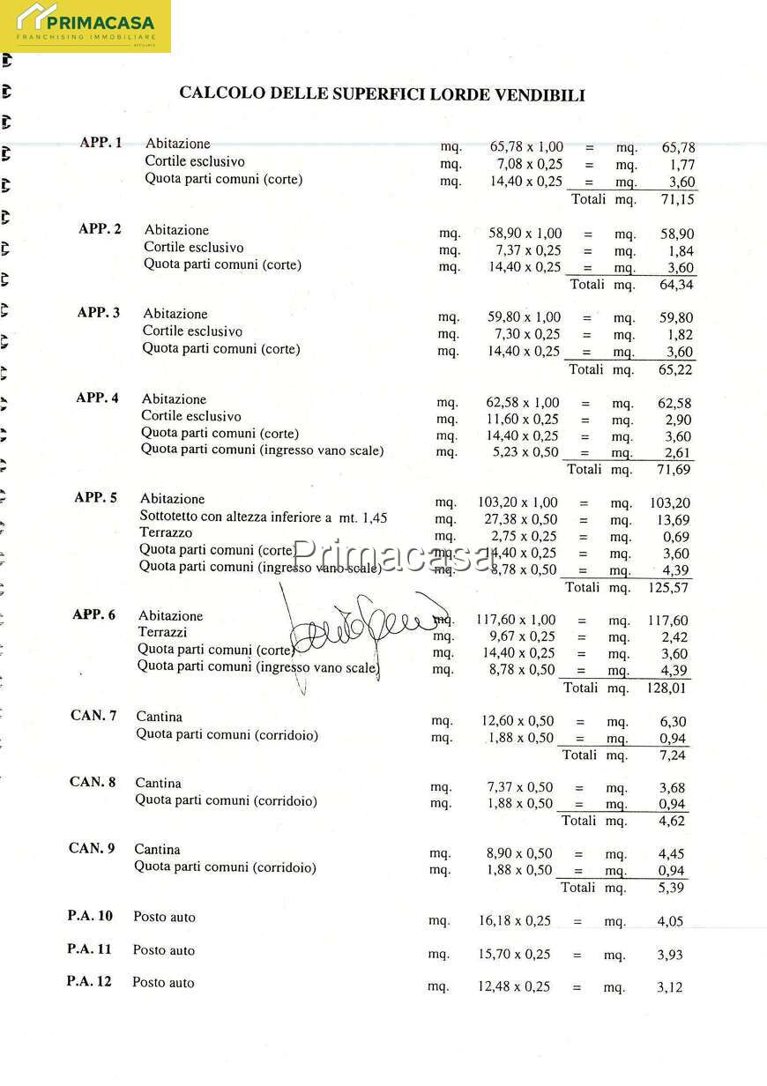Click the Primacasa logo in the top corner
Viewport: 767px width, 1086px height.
pyautogui.click(x=86, y=26)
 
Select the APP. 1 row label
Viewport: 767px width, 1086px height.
pyautogui.click(x=101, y=142)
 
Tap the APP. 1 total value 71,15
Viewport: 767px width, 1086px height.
pyautogui.click(x=678, y=200)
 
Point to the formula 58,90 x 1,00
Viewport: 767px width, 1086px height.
pyautogui.click(x=525, y=234)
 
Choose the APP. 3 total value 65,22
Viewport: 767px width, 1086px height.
pyautogui.click(x=676, y=370)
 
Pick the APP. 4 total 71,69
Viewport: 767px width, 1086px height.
pyautogui.click(x=674, y=470)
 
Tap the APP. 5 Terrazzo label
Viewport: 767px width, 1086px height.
pyautogui.click(x=166, y=532)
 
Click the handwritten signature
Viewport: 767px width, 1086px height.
pyautogui.click(x=361, y=621)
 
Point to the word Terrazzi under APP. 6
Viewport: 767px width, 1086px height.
pyautogui.click(x=162, y=632)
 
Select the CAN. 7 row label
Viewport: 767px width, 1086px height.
pyautogui.click(x=93, y=715)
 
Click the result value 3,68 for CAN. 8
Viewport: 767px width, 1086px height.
pyautogui.click(x=672, y=788)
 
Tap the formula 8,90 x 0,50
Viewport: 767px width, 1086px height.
pyautogui.click(x=519, y=853)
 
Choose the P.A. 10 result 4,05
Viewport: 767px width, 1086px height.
pyautogui.click(x=670, y=921)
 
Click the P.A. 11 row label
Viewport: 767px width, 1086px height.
pyautogui.click(x=89, y=949)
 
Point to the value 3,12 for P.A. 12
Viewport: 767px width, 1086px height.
pyautogui.click(x=669, y=987)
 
